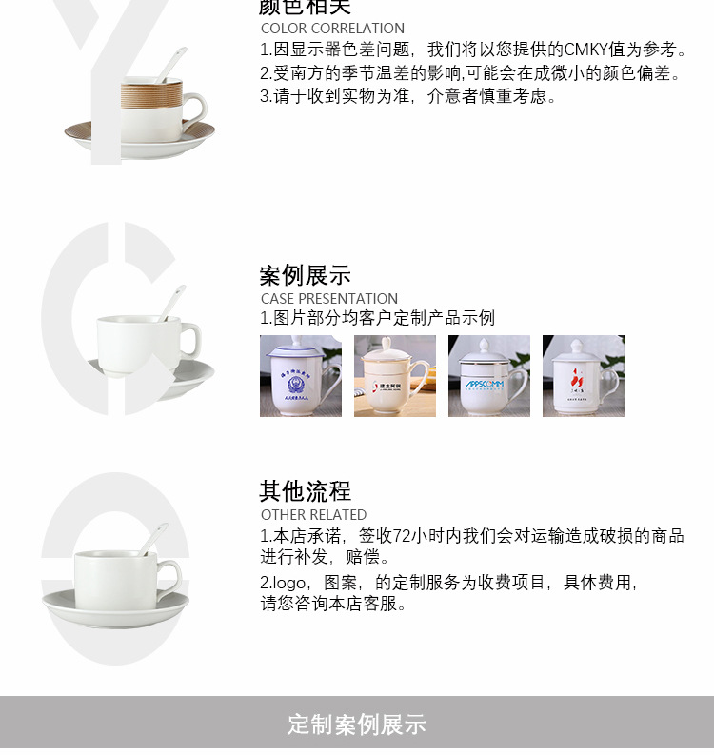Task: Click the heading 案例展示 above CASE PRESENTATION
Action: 306,276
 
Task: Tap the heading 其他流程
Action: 306,491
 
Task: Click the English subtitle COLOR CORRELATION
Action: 332,29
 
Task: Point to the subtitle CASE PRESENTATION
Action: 329,299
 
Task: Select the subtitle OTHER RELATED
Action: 313,515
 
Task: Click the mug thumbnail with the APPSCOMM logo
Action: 488,376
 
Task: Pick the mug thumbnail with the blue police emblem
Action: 300,376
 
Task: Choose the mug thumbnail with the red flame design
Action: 583,376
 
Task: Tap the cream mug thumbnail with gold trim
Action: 394,376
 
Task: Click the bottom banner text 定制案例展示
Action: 357,725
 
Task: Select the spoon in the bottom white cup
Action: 152,538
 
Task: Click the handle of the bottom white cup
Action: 171,574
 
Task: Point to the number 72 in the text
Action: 402,536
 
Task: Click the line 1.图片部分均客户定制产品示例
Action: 378,318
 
